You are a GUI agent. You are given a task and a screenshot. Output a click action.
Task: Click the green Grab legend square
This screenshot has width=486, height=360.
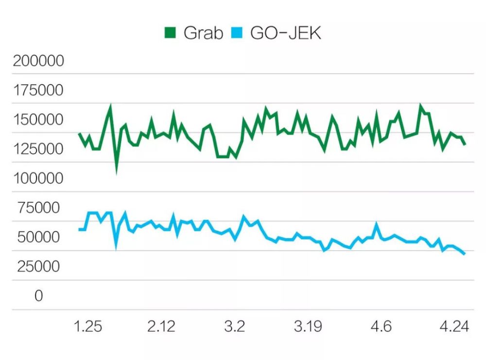click(x=170, y=33)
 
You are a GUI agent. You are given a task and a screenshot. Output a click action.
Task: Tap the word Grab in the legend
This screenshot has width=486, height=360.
click(x=204, y=33)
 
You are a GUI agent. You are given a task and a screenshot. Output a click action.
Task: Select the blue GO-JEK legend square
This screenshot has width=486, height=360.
click(x=237, y=33)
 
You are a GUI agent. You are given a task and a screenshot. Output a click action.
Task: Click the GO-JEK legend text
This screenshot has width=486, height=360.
click(x=286, y=33)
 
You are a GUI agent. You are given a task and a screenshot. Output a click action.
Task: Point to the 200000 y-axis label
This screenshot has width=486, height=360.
click(x=38, y=61)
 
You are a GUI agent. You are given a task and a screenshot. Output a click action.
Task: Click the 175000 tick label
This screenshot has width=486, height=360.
click(x=38, y=90)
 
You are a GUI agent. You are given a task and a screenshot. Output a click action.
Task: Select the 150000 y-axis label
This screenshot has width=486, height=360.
click(x=38, y=120)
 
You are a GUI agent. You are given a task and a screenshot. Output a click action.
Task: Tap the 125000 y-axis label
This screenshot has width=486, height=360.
click(x=38, y=149)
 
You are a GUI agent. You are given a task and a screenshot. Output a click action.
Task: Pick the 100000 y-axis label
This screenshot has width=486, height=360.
click(x=38, y=178)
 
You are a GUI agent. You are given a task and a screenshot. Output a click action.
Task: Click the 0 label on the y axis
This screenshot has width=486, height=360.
click(x=39, y=295)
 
